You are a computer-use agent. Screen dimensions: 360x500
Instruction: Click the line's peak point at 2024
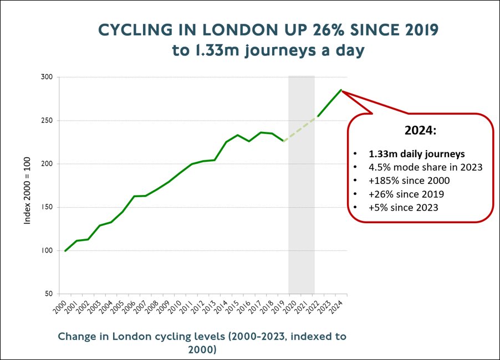341,90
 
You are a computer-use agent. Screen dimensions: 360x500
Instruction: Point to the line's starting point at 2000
65,251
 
